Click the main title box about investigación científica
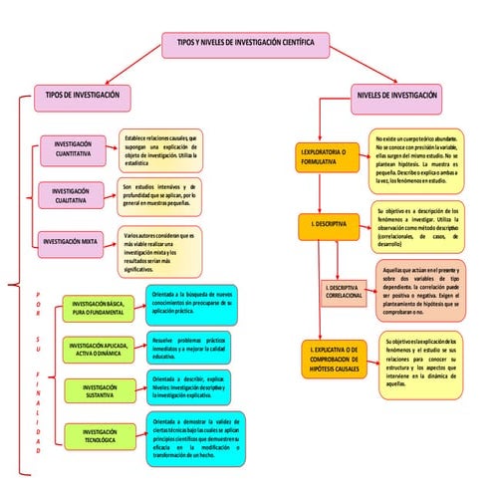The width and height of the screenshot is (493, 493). (245, 45)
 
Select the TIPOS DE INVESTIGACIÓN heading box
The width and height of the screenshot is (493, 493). (83, 95)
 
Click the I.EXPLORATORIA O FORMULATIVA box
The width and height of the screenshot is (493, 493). (324, 157)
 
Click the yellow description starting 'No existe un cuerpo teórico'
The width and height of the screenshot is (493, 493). (416, 159)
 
